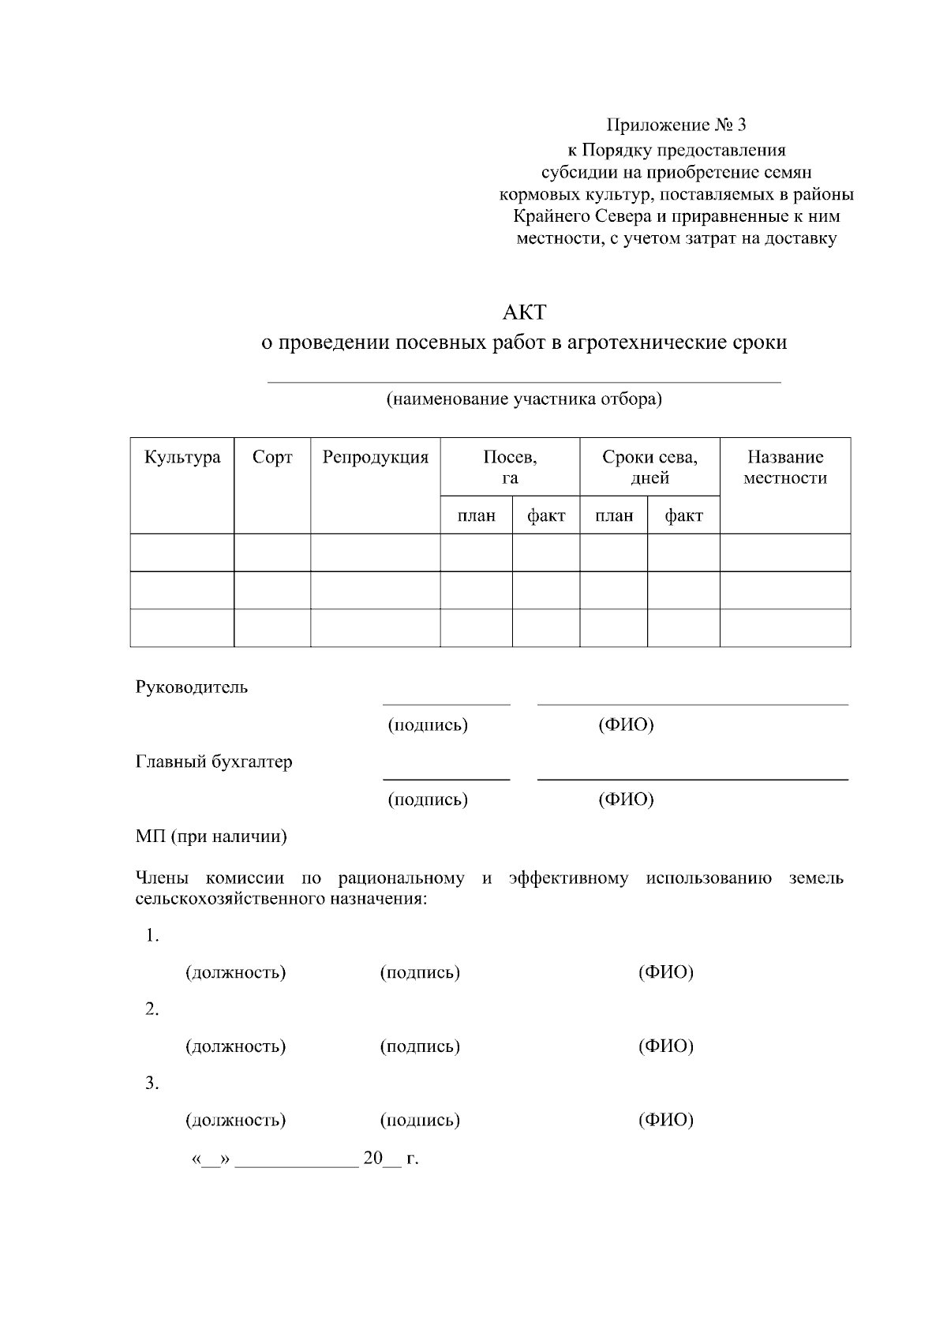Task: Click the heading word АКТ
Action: point(523,313)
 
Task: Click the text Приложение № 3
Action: point(676,125)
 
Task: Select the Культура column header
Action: point(182,458)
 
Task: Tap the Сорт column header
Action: point(272,458)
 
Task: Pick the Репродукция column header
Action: point(375,458)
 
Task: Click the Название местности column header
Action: point(784,467)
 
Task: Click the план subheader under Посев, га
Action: point(477,516)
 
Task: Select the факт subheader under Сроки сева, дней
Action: point(683,516)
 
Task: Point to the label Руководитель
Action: point(192,687)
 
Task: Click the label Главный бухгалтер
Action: point(214,762)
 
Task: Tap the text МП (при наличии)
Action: point(211,837)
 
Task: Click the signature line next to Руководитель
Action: point(447,702)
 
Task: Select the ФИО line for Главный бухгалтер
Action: point(692,778)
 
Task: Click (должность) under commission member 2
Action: point(235,1046)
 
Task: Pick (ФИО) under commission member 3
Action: point(665,1120)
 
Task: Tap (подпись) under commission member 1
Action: point(420,972)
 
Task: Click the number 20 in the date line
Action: point(372,1158)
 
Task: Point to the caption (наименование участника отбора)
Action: point(523,399)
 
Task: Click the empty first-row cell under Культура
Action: point(182,552)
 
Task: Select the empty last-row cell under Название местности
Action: point(784,628)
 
